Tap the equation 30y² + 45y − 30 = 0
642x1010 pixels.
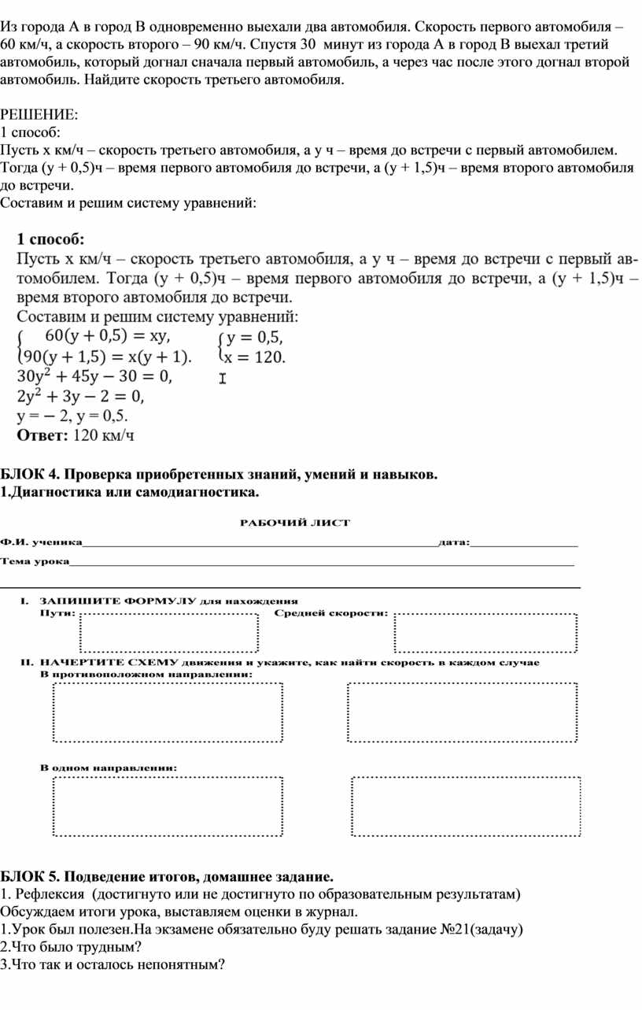[93, 376]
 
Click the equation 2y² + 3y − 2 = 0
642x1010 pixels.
[81, 395]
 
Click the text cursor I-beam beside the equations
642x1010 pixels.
[222, 379]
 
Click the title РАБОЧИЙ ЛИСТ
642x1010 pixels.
[294, 522]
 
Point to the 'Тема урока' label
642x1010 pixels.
[35, 561]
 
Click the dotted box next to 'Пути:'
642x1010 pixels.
[169, 632]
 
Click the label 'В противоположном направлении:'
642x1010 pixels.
[146, 675]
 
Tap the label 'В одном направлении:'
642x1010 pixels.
[109, 767]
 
